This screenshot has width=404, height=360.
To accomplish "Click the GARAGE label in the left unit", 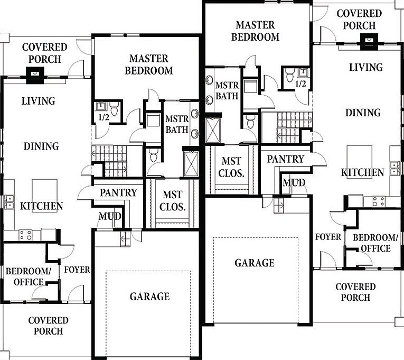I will click(x=149, y=297).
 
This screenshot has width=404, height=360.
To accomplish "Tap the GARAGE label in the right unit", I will click(x=255, y=263).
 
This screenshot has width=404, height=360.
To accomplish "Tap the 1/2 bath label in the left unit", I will click(x=104, y=117).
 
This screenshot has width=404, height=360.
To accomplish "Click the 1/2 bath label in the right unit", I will click(x=300, y=84).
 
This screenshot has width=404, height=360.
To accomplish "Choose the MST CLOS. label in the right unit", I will click(x=231, y=168).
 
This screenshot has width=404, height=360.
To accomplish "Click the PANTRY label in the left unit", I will click(x=119, y=193).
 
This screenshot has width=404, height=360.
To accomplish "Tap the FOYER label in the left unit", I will click(x=77, y=270).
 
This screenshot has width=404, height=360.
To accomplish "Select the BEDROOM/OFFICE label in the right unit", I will click(x=371, y=243).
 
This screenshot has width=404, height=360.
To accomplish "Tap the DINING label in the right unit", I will click(x=363, y=113).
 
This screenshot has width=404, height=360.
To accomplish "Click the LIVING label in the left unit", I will click(x=39, y=100).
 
